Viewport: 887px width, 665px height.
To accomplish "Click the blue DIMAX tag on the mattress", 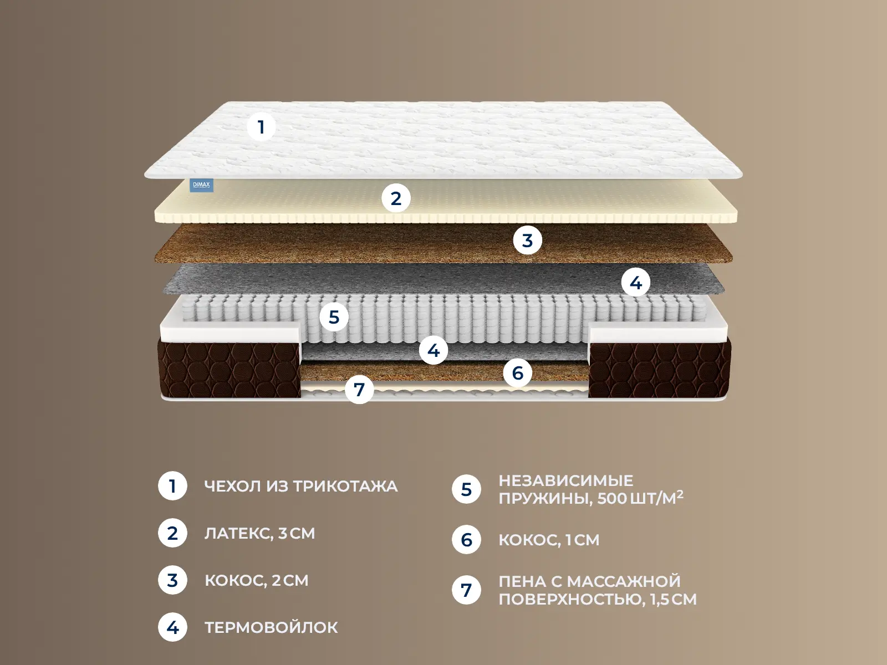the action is [201, 185].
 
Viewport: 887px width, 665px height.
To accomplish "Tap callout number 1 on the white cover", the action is [261, 127].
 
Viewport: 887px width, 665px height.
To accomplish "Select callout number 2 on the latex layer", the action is [396, 198].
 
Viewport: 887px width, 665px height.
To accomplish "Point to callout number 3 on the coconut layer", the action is [527, 241].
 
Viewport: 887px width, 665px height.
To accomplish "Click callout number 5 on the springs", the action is [334, 317].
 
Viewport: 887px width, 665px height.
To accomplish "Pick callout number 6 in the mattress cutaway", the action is [518, 372].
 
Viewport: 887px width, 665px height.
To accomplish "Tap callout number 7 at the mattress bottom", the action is [359, 389].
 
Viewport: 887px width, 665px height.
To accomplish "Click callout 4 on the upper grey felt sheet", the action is [636, 282].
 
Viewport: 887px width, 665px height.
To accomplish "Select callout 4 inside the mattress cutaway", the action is [433, 350].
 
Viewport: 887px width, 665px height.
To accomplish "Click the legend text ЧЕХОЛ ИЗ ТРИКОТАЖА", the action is [301, 486].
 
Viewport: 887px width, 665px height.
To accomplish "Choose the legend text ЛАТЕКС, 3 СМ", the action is [260, 533].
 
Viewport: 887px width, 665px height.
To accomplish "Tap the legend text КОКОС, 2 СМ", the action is [257, 581].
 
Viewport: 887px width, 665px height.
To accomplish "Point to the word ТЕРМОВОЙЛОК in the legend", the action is [271, 627].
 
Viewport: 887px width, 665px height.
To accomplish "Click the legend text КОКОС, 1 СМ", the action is [549, 540].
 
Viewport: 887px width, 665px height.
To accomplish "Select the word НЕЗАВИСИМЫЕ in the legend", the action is [566, 480].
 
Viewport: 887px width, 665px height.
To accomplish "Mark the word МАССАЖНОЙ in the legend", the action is [624, 581].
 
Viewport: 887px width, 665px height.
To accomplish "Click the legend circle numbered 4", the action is [172, 627].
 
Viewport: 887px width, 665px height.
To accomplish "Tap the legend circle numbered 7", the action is [466, 590].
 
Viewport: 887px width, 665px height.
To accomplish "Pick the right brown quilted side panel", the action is [660, 370].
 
